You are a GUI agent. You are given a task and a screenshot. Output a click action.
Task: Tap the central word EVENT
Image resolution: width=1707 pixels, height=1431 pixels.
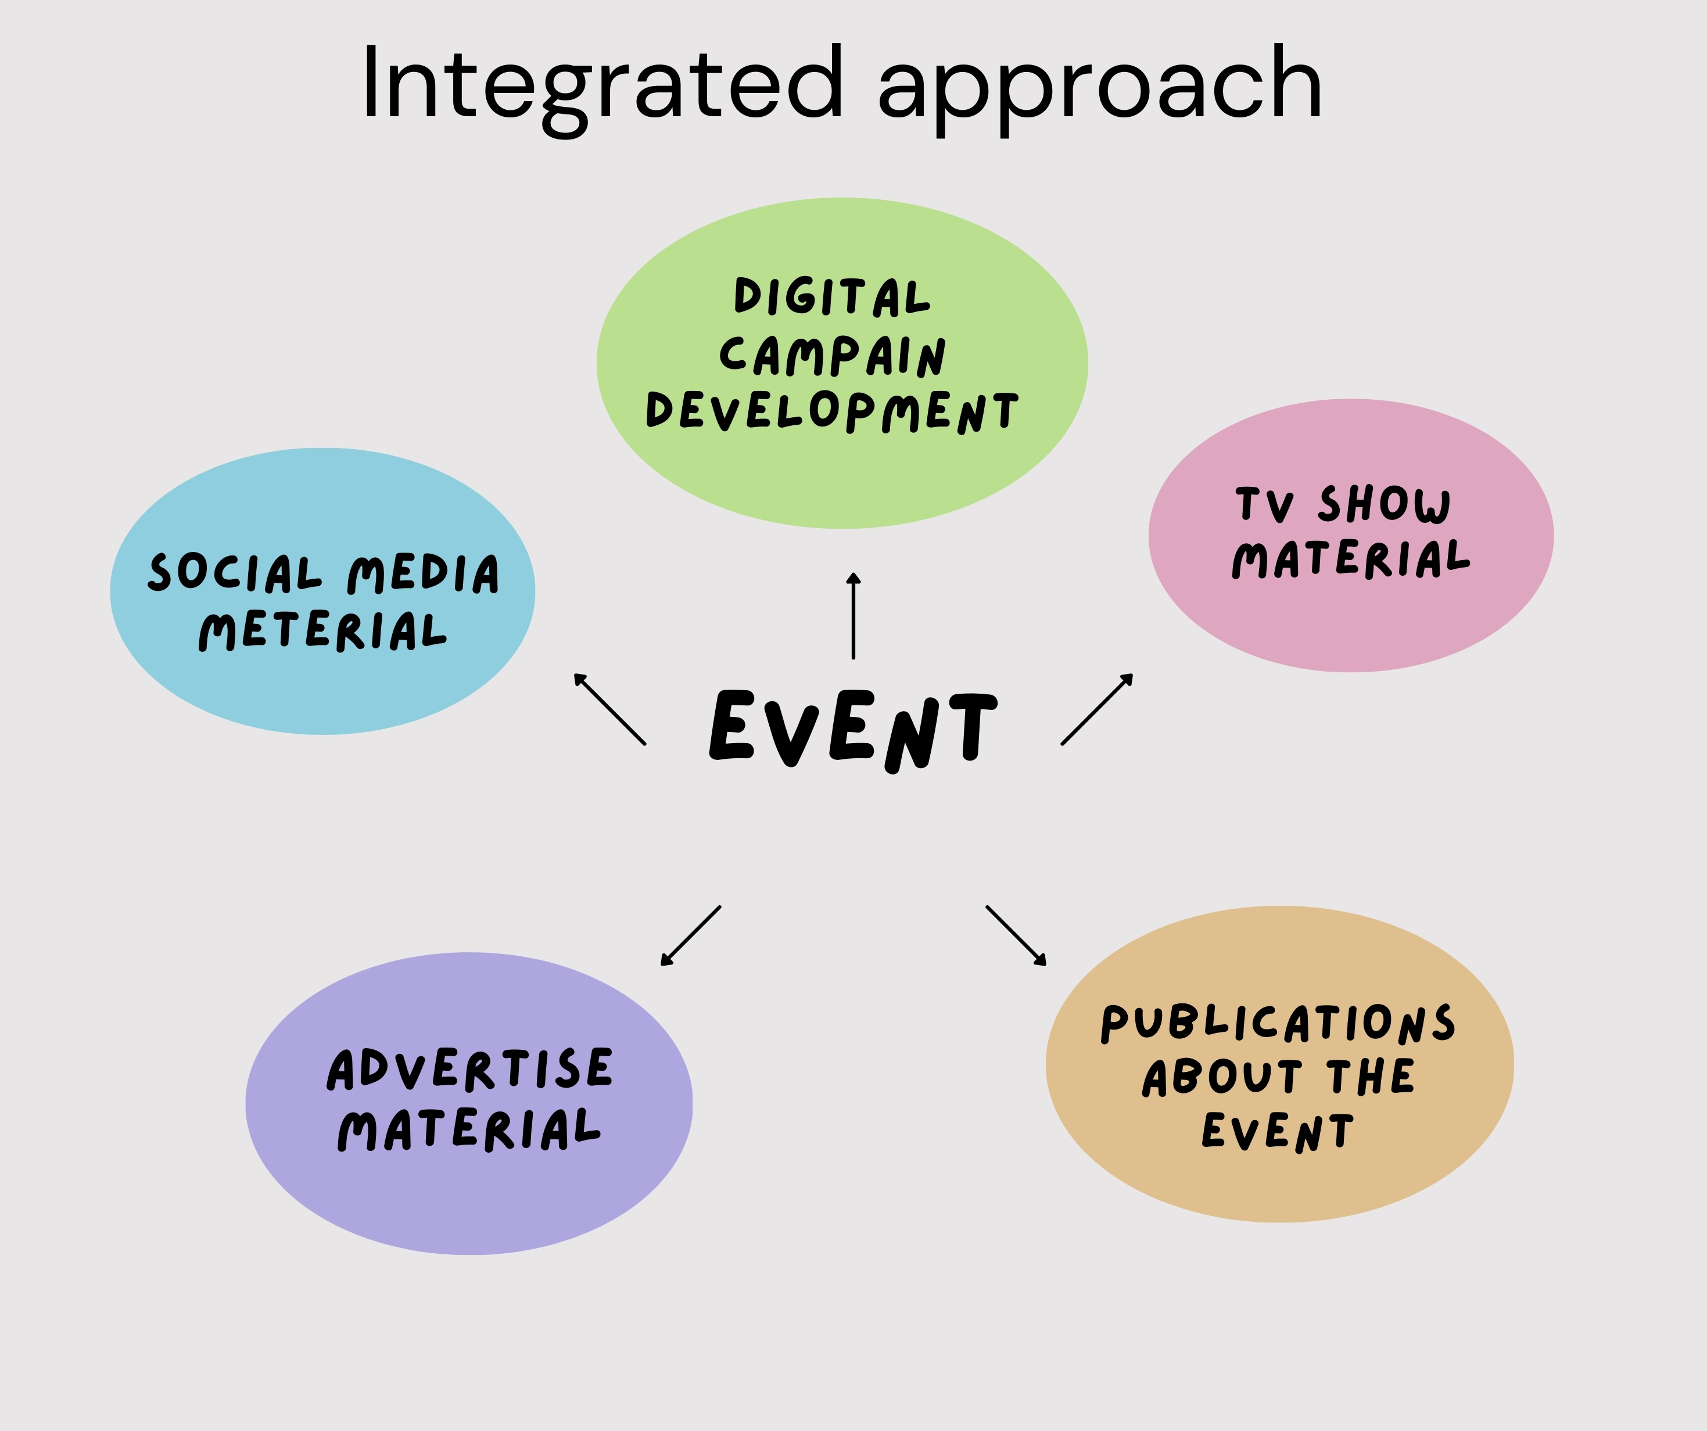[853, 729]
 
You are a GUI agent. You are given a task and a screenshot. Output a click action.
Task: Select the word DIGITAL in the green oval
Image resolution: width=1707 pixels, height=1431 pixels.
[831, 297]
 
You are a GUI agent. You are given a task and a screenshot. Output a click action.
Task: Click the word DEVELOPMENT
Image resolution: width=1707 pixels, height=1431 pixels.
[831, 411]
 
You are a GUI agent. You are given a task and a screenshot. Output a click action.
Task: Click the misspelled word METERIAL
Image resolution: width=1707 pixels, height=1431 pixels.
[322, 631]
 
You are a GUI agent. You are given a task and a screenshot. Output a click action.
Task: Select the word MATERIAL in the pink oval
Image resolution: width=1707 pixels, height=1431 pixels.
[1351, 560]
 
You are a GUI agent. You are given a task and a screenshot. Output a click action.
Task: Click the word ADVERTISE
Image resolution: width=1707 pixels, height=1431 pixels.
[470, 1069]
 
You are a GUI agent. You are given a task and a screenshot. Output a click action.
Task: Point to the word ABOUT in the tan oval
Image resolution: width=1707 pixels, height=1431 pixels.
[1222, 1077]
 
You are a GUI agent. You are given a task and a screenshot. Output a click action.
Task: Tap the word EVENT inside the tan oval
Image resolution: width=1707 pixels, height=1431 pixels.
[1278, 1132]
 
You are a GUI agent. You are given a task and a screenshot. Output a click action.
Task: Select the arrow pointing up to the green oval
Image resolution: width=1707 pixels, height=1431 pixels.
[853, 615]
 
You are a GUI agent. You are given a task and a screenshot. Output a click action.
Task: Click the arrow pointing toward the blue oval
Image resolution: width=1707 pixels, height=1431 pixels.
[609, 709]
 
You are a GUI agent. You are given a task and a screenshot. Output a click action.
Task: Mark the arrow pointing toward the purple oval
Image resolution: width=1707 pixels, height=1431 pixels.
[691, 935]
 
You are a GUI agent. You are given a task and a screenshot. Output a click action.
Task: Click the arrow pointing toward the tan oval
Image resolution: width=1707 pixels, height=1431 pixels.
[1016, 935]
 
